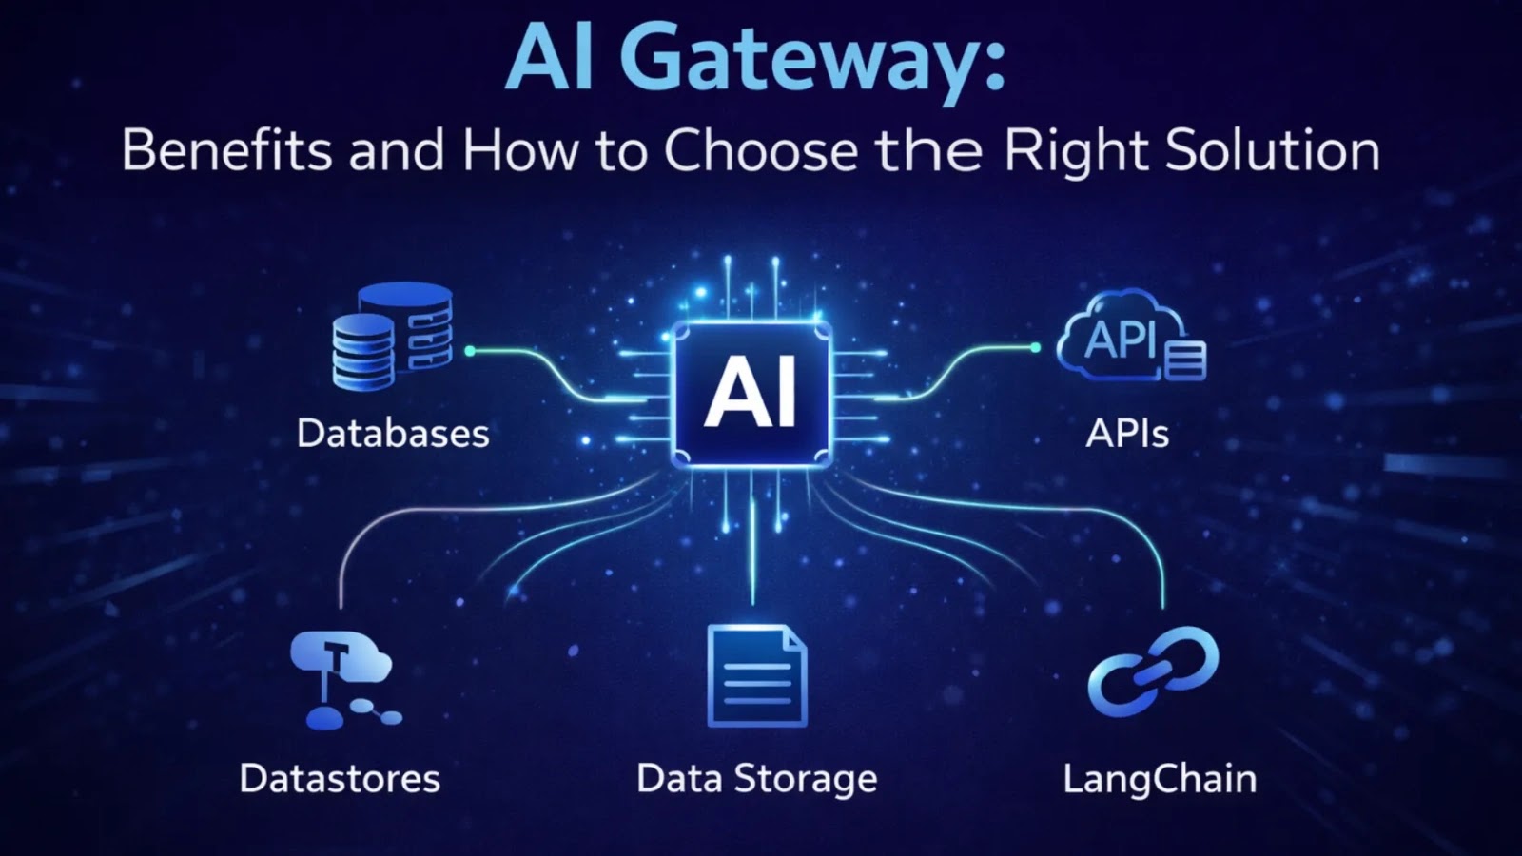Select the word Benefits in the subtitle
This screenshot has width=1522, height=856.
click(226, 150)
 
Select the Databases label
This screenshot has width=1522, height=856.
click(393, 434)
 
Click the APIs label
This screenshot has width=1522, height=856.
click(1127, 434)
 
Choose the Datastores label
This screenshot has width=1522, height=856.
click(340, 779)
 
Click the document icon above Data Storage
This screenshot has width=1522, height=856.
click(756, 676)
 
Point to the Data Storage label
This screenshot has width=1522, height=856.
click(756, 779)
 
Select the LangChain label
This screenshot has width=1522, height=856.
click(1160, 779)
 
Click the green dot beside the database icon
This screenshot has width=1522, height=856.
click(469, 351)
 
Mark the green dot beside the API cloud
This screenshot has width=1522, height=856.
click(1035, 348)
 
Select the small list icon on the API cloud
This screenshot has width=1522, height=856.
click(1185, 360)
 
